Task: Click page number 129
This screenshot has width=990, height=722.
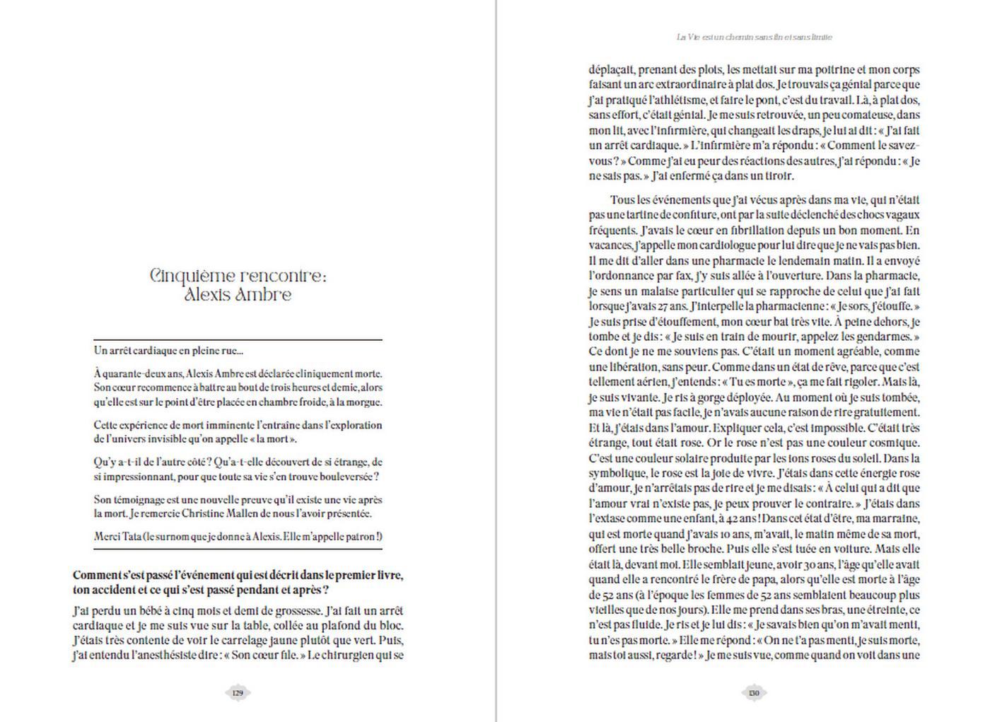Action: tap(238, 693)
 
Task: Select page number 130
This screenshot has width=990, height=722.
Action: tap(754, 693)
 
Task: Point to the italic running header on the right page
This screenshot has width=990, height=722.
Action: tap(754, 37)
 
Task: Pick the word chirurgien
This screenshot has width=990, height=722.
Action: tap(358, 656)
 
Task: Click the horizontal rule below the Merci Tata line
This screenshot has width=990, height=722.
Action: tap(238, 549)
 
